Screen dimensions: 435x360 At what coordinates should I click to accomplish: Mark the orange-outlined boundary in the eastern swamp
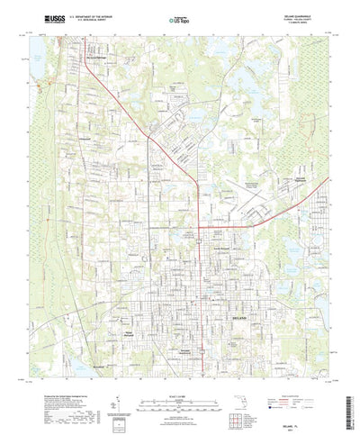coord(316,180)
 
